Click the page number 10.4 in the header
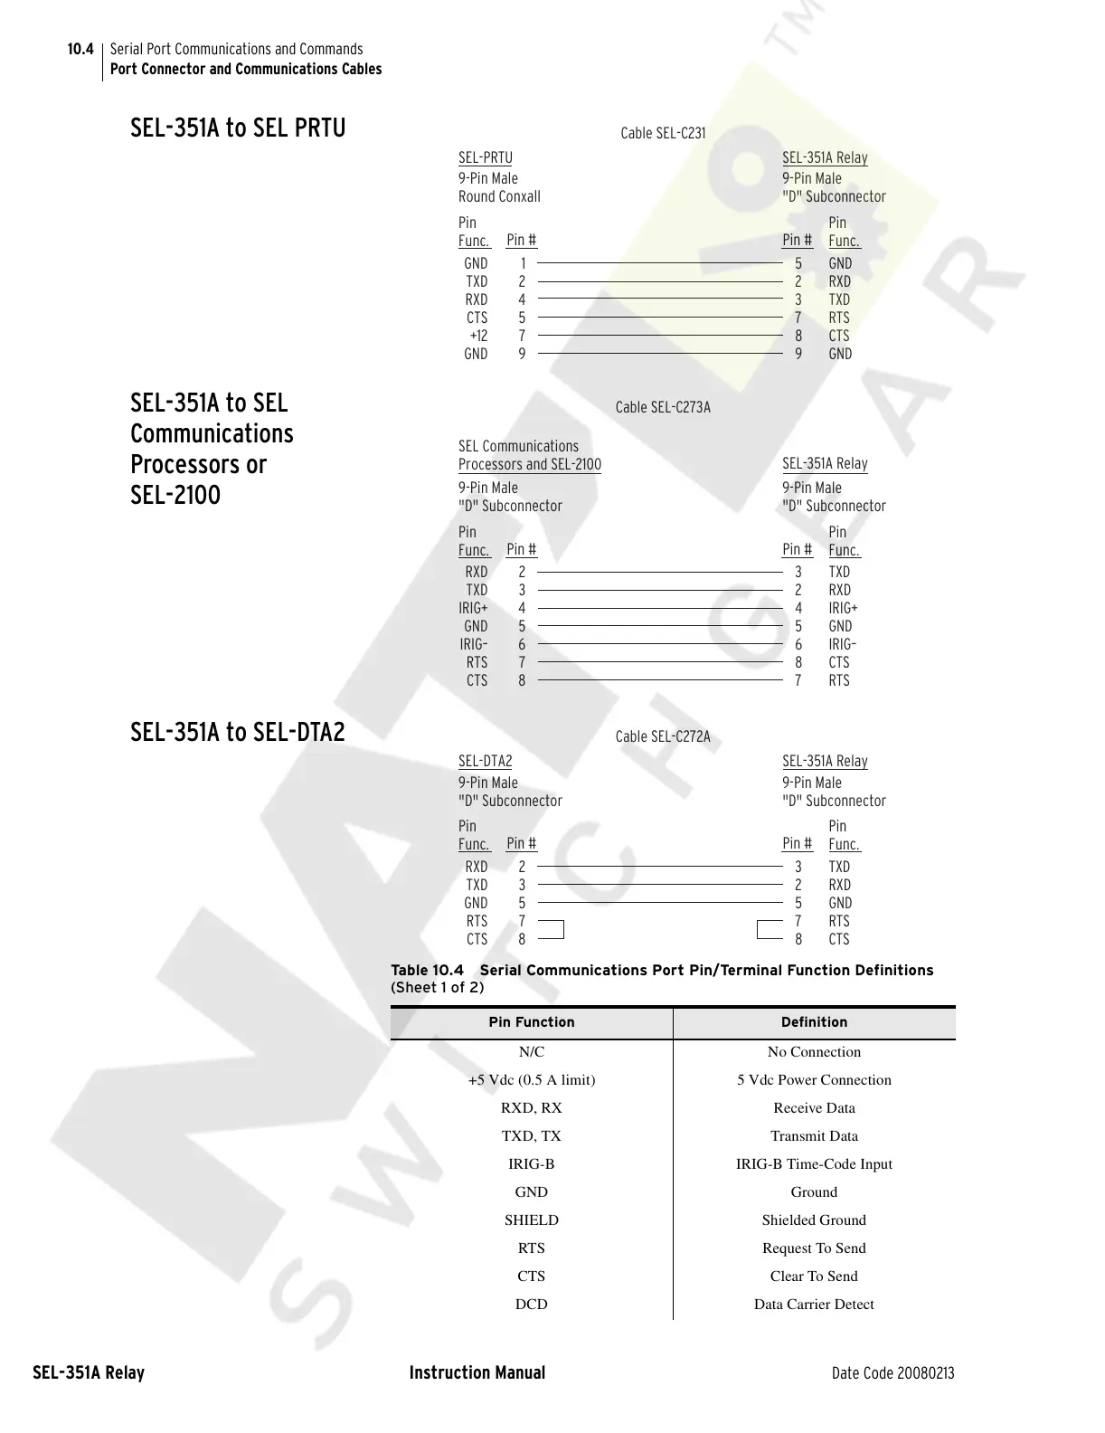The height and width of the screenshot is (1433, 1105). [80, 49]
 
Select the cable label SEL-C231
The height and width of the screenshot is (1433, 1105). [663, 134]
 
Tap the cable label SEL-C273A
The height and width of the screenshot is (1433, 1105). [663, 407]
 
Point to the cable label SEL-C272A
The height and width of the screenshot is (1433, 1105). [663, 736]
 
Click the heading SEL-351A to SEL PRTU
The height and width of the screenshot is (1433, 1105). [238, 128]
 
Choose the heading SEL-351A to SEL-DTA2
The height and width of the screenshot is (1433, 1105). [238, 731]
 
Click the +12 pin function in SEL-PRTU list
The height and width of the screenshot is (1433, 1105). [478, 336]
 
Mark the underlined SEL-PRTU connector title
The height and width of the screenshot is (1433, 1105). [485, 158]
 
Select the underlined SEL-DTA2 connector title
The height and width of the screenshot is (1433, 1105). [485, 762]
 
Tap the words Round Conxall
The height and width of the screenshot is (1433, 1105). [499, 196]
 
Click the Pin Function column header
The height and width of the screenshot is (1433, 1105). [532, 1022]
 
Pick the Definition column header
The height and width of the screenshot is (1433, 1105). [814, 1022]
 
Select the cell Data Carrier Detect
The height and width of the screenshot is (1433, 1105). [814, 1304]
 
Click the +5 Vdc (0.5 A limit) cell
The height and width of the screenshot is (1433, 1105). [532, 1079]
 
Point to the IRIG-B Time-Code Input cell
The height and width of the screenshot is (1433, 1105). [814, 1163]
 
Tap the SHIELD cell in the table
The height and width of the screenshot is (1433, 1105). [532, 1219]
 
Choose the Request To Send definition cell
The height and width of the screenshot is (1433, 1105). [814, 1248]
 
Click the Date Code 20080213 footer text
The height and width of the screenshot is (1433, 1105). [892, 1373]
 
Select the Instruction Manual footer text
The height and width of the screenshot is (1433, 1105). [477, 1372]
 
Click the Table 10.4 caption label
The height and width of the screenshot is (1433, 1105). [427, 970]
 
